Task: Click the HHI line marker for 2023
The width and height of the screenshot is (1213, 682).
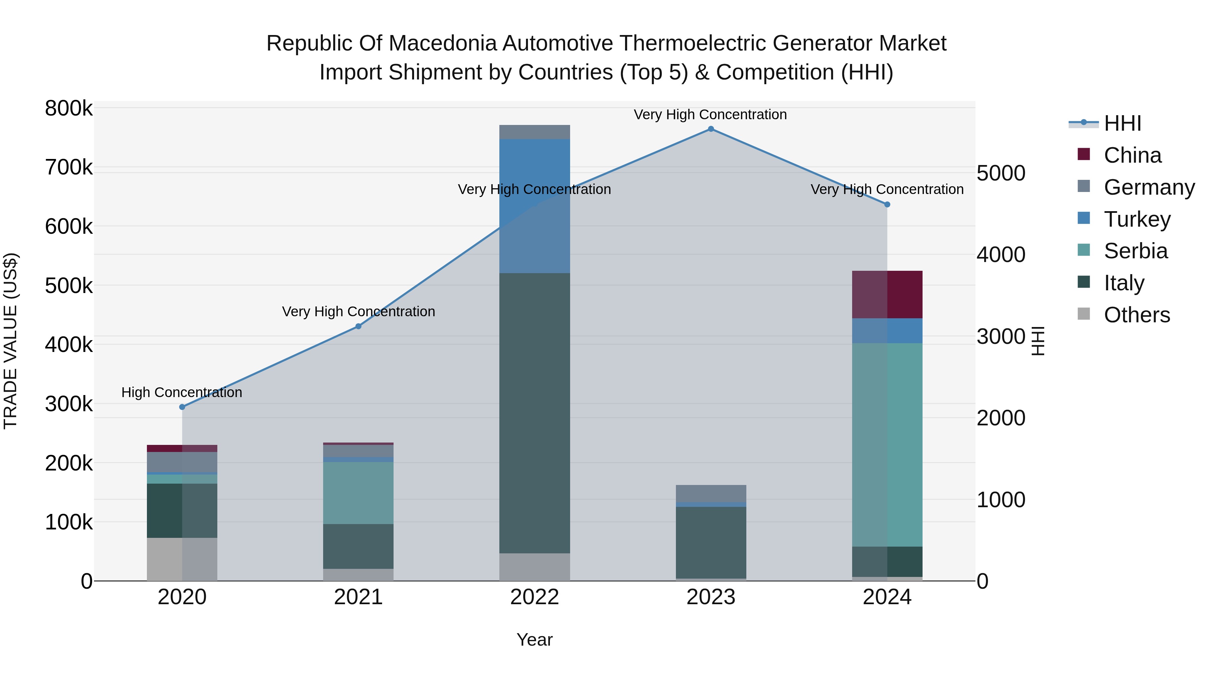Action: coord(711,129)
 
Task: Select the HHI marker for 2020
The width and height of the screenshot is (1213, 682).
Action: coord(182,407)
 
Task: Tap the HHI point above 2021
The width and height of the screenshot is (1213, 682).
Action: coord(359,326)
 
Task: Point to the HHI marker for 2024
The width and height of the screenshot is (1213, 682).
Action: coord(887,205)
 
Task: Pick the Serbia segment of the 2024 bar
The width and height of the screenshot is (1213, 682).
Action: coord(887,445)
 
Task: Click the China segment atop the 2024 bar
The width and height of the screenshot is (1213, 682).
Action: coord(887,295)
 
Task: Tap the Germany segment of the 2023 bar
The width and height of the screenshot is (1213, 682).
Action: coord(711,493)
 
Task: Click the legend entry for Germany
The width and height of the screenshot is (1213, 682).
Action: coord(1149,187)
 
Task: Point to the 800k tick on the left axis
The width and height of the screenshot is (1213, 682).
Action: coord(69,109)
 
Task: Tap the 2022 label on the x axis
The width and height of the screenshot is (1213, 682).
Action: coord(534,597)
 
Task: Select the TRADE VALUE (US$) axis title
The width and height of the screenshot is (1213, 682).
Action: coord(10,341)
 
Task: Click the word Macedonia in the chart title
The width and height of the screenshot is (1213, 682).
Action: coord(444,43)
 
